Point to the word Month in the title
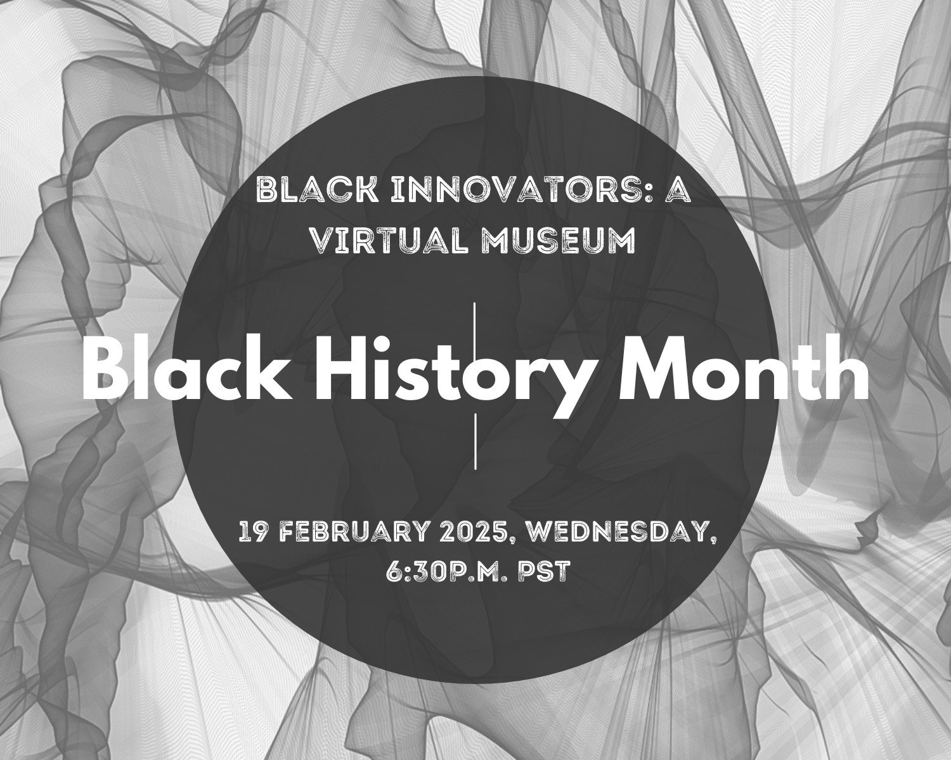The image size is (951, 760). pos(744,368)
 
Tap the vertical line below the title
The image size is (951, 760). pos(475,441)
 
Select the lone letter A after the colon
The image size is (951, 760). pos(678,191)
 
